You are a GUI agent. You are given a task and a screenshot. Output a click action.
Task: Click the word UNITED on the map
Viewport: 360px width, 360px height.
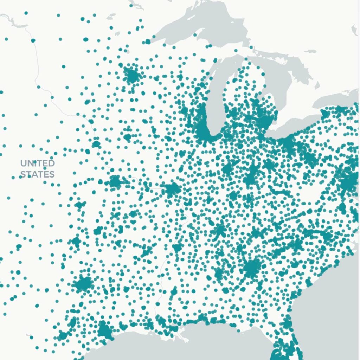[37, 163]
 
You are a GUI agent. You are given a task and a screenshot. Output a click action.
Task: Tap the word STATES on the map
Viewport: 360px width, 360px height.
[37, 174]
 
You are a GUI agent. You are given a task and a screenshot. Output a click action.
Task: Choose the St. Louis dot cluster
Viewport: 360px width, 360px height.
[172, 189]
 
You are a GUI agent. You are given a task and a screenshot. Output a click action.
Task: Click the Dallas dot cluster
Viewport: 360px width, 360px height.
[84, 283]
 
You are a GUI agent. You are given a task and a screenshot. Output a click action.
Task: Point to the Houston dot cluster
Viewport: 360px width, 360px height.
[104, 330]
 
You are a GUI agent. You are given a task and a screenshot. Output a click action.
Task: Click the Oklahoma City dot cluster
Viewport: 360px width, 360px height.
[76, 242]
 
